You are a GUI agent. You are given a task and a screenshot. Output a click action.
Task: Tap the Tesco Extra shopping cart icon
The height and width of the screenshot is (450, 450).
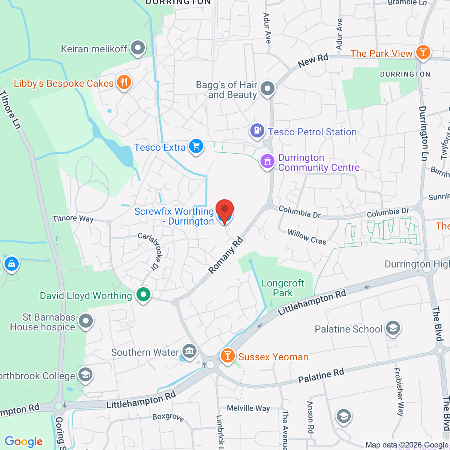196,147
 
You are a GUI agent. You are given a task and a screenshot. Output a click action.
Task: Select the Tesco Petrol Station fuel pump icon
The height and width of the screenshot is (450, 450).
257,131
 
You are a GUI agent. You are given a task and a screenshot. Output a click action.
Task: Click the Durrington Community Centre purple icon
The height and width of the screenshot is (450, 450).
267,162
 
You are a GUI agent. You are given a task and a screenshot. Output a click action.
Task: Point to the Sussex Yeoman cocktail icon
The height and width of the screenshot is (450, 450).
227,355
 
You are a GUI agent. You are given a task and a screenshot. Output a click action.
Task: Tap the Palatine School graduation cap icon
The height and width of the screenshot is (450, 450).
393,328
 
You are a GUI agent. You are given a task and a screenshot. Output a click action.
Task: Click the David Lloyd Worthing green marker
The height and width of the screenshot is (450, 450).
143,295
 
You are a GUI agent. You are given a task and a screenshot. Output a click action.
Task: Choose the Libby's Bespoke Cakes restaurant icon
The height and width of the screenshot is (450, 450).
124,82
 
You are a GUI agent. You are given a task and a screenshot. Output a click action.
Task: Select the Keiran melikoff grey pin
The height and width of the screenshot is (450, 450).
138,48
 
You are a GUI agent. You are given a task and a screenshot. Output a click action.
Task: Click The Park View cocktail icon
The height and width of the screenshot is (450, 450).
423,52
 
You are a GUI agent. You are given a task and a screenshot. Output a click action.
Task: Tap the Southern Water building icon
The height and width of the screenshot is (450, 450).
189,351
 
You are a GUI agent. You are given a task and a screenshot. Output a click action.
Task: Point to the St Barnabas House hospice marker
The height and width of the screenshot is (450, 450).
86,321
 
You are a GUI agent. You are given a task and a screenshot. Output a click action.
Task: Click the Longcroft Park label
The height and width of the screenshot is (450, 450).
283,288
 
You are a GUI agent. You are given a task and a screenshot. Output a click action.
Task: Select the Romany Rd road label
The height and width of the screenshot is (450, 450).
226,255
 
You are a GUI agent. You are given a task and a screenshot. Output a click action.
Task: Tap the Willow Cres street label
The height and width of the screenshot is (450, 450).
307,237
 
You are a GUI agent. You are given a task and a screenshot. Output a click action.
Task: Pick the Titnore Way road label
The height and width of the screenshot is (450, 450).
73,219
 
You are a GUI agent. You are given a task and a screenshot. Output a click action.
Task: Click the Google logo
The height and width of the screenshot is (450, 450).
24,442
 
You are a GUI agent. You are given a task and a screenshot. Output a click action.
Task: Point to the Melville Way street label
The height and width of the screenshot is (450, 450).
248,408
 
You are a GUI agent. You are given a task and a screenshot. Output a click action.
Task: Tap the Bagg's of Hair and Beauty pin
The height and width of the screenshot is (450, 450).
267,89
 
